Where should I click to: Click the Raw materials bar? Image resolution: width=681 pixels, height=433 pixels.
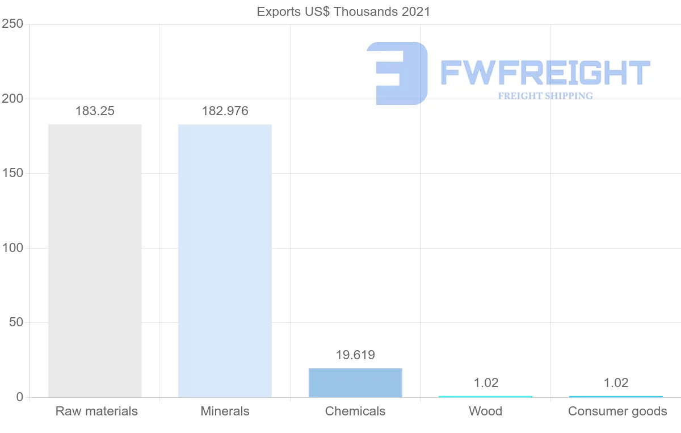(x=95, y=260)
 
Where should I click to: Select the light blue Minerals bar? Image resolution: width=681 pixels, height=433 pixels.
(x=225, y=260)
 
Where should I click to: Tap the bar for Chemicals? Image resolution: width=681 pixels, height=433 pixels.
(x=355, y=382)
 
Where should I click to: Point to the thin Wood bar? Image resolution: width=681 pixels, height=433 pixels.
(x=485, y=396)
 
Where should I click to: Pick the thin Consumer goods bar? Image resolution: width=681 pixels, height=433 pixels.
(x=616, y=396)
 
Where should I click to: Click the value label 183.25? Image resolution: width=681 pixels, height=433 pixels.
(x=95, y=111)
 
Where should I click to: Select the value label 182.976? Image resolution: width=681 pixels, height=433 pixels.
(x=225, y=111)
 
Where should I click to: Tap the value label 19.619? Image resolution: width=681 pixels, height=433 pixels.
(x=355, y=355)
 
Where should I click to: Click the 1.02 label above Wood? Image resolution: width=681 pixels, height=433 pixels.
(x=486, y=382)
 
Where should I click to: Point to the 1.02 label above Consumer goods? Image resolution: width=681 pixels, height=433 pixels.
(x=616, y=382)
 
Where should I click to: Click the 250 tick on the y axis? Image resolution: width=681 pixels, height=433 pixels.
(x=12, y=24)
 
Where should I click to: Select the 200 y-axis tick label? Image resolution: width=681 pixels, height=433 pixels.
(x=12, y=99)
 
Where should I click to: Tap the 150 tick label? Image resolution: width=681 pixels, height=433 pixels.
(x=12, y=173)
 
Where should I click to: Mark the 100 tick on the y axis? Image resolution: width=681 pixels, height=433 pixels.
(x=12, y=248)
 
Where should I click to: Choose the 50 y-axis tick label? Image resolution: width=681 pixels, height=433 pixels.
(x=15, y=322)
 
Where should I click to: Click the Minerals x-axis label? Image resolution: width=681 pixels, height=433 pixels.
(x=225, y=411)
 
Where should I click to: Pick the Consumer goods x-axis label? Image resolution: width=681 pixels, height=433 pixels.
(x=617, y=411)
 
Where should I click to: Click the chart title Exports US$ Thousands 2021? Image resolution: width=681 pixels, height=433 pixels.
(x=343, y=11)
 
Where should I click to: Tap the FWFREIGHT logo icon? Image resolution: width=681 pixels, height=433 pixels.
(x=397, y=73)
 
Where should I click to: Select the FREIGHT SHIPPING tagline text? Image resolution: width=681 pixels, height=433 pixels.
(x=545, y=96)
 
